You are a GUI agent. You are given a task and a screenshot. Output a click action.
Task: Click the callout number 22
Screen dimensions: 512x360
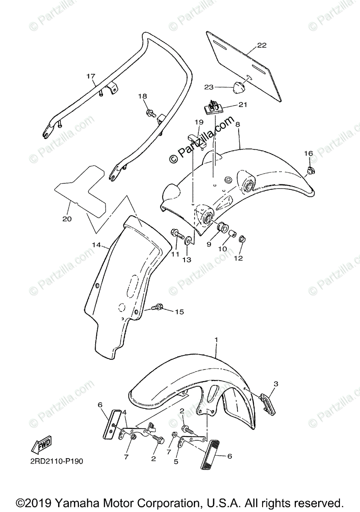262,45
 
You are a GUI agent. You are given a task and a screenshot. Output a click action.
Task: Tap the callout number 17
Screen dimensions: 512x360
90,76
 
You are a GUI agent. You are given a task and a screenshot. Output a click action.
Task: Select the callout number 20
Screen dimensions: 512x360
67,219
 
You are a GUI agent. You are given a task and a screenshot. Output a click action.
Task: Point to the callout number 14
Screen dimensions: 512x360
96,245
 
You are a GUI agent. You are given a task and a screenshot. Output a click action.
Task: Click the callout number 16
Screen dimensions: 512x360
308,153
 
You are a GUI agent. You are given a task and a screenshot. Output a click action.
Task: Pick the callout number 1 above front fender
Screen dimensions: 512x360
217,340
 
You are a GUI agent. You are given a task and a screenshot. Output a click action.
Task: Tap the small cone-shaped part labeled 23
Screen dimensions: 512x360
237,87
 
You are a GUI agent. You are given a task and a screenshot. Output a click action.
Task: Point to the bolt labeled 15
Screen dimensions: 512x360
158,307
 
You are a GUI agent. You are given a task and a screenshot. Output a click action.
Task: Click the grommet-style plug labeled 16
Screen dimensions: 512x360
309,172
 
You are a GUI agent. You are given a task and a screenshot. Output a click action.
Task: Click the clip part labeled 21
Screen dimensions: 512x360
214,107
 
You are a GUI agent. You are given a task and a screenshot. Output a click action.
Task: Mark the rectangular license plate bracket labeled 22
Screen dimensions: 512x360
246,64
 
